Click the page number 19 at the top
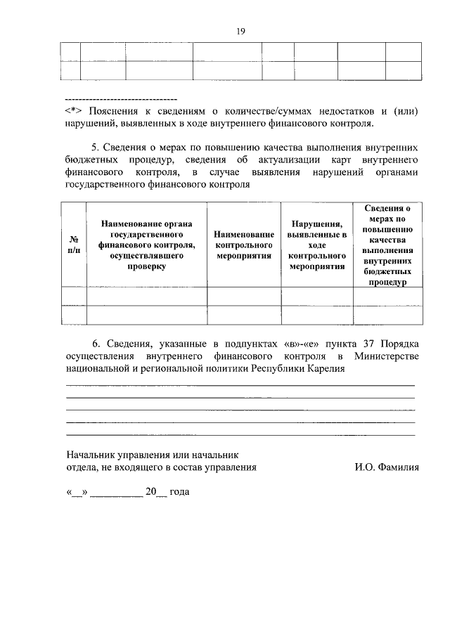tap(240, 31)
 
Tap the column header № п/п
tap(73, 244)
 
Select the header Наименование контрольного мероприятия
tap(243, 244)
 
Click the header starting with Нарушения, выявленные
tap(316, 244)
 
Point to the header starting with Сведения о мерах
tap(387, 244)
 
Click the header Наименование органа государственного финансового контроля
tap(146, 244)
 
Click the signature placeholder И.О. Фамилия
tap(387, 467)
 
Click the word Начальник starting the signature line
tap(89, 454)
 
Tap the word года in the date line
tap(179, 492)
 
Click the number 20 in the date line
tap(150, 492)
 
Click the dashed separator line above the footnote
tap(120, 98)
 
